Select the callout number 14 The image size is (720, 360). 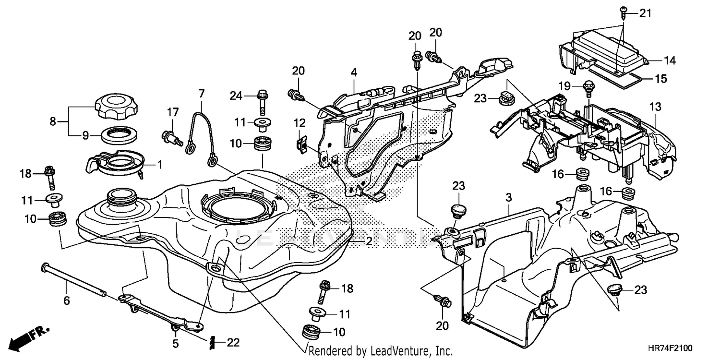coord(669,60)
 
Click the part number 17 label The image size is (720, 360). coord(172,112)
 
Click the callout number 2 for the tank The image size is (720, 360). coord(368,241)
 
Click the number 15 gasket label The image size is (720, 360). coord(661,79)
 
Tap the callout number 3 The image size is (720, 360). coord(509,197)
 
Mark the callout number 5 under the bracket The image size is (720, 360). coord(175,343)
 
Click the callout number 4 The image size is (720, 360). coord(354,73)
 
